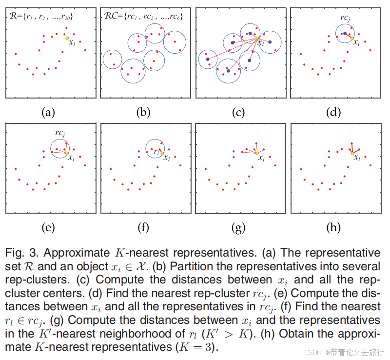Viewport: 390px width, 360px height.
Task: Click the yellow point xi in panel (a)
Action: pyautogui.click(x=67, y=38)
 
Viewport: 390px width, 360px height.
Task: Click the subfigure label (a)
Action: pyautogui.click(x=47, y=113)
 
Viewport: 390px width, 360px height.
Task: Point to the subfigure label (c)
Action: pyautogui.click(x=238, y=113)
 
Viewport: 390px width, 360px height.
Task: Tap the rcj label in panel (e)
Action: pyautogui.click(x=60, y=132)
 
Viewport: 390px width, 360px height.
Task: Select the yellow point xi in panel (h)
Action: pyautogui.click(x=352, y=153)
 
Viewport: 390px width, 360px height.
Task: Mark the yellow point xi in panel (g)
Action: pyautogui.click(x=257, y=153)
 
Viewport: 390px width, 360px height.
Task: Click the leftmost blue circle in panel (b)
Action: pyautogui.click(x=112, y=59)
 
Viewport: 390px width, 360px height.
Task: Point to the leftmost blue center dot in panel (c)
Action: pyautogui.click(x=208, y=59)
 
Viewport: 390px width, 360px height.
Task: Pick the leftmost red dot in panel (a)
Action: pyautogui.click(x=16, y=54)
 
